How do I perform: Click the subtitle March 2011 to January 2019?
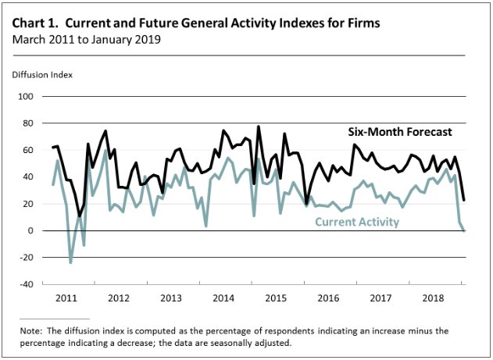pos(86,39)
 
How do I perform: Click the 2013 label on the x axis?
pos(171,298)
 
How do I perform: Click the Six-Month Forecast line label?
pos(400,131)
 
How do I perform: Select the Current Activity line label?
pos(357,223)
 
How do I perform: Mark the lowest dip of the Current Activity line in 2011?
pos(70,262)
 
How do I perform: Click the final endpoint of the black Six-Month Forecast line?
pos(464,200)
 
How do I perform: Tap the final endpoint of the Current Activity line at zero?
pos(464,230)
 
